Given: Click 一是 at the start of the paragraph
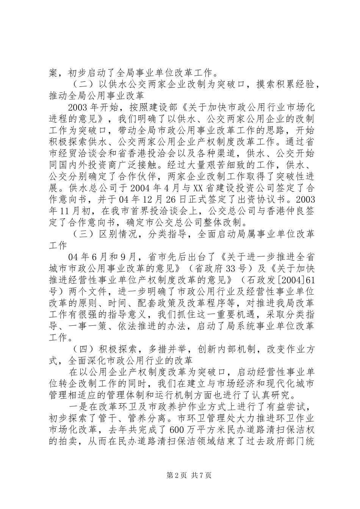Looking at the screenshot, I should pyautogui.click(x=78, y=406).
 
